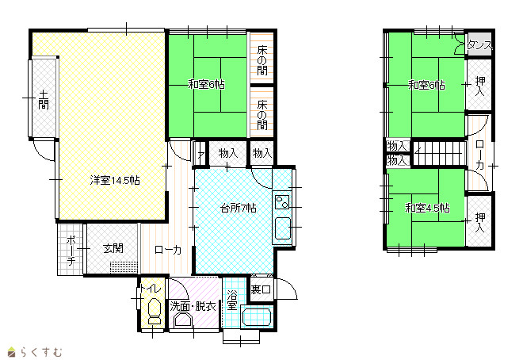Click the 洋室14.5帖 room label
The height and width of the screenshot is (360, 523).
point(115,181)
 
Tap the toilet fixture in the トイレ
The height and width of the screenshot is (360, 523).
point(154,311)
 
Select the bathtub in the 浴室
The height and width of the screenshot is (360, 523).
point(257,317)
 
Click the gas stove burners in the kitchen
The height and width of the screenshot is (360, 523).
point(282,202)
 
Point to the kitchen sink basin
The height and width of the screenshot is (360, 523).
point(283,228)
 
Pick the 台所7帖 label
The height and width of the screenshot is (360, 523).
point(239,209)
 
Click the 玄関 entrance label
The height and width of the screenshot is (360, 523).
point(113,248)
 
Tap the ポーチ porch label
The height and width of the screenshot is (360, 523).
point(71,251)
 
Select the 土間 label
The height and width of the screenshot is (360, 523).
point(44,100)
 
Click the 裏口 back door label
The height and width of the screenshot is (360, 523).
point(261,289)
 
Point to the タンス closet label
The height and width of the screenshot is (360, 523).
point(479,44)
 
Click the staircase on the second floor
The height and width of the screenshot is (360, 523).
point(439,153)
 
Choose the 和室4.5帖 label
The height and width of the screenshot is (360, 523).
point(427,209)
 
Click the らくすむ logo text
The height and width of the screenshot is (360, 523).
point(41,352)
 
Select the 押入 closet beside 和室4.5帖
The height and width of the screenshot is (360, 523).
point(479,221)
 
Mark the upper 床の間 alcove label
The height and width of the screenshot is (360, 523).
point(262,60)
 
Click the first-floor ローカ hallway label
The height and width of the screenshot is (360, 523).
point(168,250)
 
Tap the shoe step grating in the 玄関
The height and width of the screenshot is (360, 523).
point(124,267)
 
